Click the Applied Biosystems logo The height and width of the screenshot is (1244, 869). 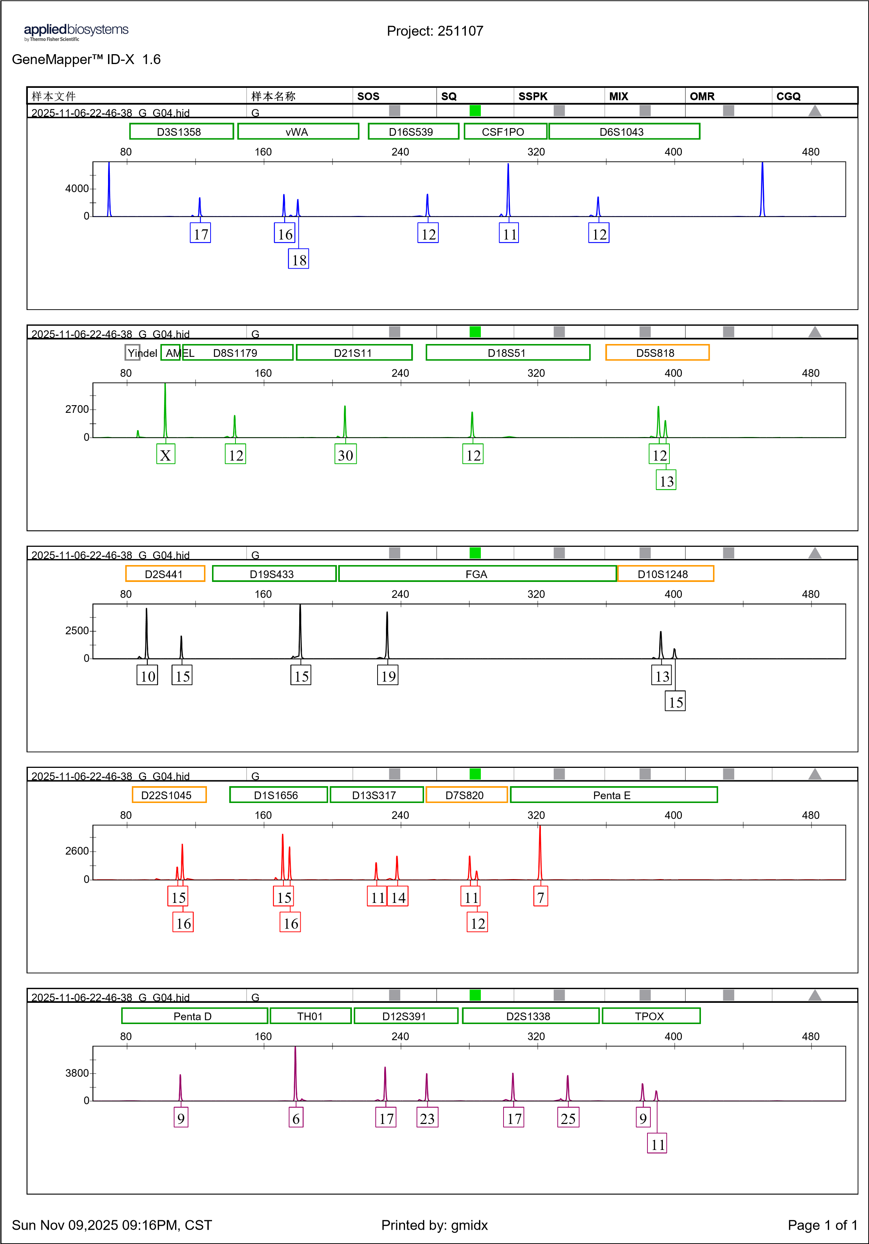[76, 33]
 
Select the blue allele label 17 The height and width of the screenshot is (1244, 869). [200, 234]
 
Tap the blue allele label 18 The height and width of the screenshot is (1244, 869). [298, 259]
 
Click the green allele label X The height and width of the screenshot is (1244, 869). [166, 455]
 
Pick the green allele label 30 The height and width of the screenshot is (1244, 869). [345, 455]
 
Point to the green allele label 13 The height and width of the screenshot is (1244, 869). [666, 481]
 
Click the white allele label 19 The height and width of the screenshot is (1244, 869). [387, 676]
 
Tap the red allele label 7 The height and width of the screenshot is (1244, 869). [541, 897]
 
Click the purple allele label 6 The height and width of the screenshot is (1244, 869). [296, 1118]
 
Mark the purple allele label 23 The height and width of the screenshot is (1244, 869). [427, 1118]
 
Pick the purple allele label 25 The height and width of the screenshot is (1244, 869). [568, 1118]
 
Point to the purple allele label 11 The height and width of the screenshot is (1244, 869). [657, 1144]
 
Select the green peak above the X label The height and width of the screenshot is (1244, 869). [166, 406]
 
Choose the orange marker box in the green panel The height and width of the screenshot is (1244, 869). [657, 352]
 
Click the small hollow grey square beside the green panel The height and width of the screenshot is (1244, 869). [132, 352]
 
